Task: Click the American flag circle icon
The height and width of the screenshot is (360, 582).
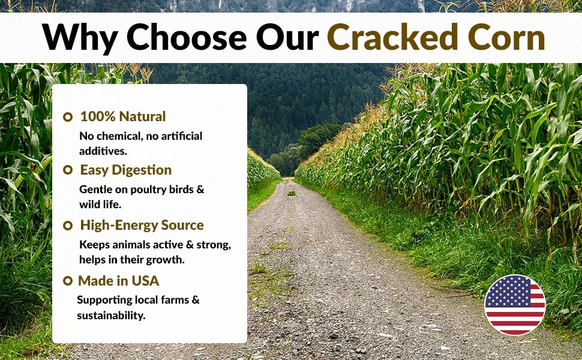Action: click(515, 305)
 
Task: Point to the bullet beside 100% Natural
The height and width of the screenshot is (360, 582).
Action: click(68, 117)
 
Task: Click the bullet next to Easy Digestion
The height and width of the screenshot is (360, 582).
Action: click(68, 170)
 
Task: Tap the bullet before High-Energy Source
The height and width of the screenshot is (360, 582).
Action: click(68, 225)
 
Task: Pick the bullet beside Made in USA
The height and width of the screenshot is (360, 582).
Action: click(68, 281)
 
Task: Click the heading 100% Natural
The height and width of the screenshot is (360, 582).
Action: click(123, 116)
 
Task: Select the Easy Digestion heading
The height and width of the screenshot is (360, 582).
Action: click(126, 170)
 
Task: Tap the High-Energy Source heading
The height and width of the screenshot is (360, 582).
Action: click(142, 225)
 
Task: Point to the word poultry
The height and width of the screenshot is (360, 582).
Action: click(148, 190)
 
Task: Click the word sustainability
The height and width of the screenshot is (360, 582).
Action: click(111, 316)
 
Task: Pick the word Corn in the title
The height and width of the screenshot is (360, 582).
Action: click(506, 37)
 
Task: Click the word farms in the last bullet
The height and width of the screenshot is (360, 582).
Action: click(176, 300)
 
